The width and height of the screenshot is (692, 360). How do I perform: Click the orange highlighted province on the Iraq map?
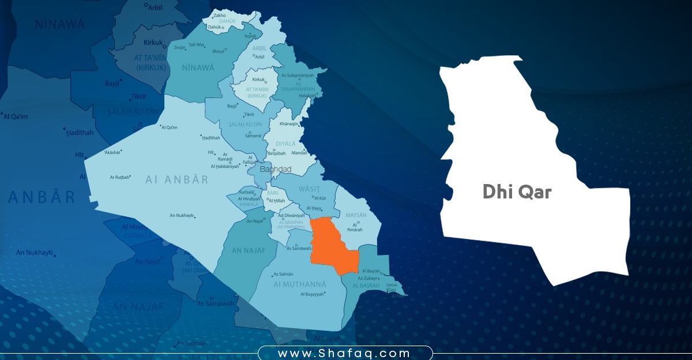coord(332,245)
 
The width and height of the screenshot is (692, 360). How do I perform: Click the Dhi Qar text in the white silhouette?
coord(517,193)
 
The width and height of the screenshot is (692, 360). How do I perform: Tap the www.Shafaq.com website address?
coord(344,353)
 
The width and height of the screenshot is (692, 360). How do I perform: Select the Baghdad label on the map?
coord(276,170)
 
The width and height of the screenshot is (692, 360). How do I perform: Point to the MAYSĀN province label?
coord(356,215)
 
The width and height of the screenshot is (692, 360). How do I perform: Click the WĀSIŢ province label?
coord(309,188)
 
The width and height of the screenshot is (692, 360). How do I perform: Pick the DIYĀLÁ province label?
coord(286,144)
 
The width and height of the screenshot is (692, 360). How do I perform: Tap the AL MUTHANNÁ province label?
coord(300,284)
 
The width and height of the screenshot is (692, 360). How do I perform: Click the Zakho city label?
coord(219,15)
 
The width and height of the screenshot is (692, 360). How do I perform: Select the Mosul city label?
coord(219,51)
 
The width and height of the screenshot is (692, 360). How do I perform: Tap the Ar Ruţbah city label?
coord(120,177)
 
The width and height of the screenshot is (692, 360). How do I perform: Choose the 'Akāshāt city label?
coord(112,153)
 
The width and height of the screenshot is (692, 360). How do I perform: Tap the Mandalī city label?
coord(300,153)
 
